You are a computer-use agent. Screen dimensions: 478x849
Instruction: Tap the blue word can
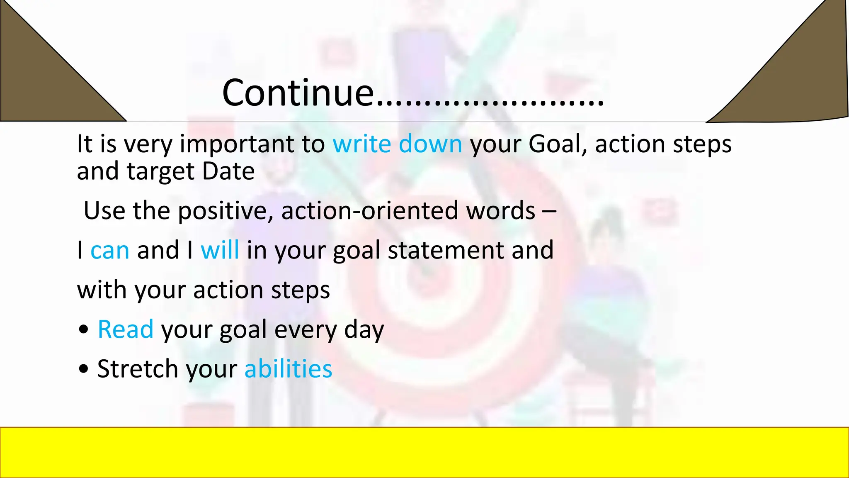[x=110, y=251]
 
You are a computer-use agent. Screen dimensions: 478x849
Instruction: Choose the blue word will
[x=220, y=250]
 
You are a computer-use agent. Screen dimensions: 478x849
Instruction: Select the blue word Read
[x=126, y=330]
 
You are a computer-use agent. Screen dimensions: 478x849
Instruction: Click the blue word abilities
[x=288, y=369]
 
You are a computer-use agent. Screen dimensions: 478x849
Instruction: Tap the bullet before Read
[x=83, y=330]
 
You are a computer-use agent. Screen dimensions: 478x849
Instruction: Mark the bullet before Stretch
[x=83, y=369]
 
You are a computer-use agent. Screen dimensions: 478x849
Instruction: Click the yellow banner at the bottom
[x=424, y=452]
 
